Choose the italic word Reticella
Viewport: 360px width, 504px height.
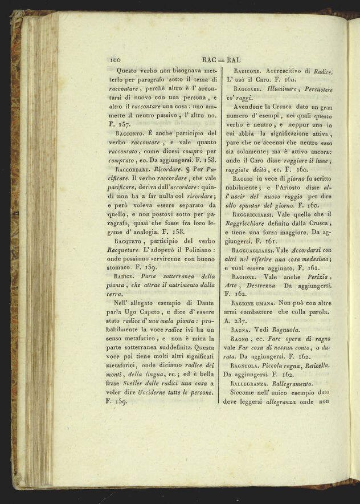tap(316, 364)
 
